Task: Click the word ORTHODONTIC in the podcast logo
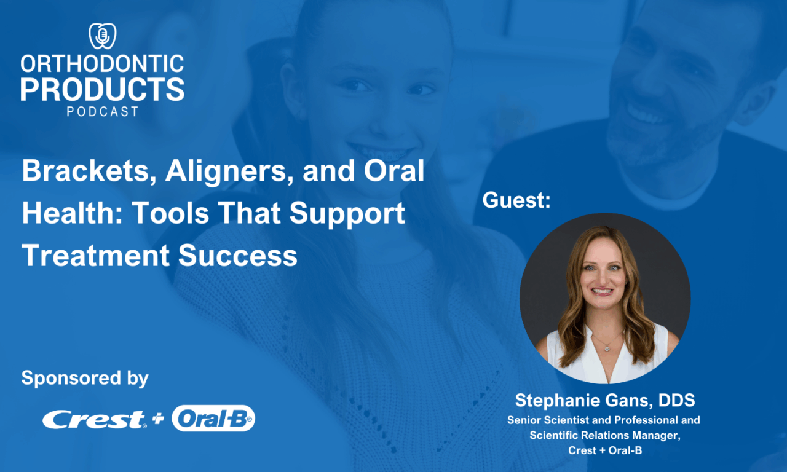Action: pyautogui.click(x=102, y=63)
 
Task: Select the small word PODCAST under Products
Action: pyautogui.click(x=102, y=111)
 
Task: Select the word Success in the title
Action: pyautogui.click(x=238, y=255)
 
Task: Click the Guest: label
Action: pyautogui.click(x=516, y=200)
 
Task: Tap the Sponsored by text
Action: pyautogui.click(x=85, y=377)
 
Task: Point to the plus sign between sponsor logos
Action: pyautogui.click(x=159, y=419)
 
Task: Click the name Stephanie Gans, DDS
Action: pyautogui.click(x=605, y=401)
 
